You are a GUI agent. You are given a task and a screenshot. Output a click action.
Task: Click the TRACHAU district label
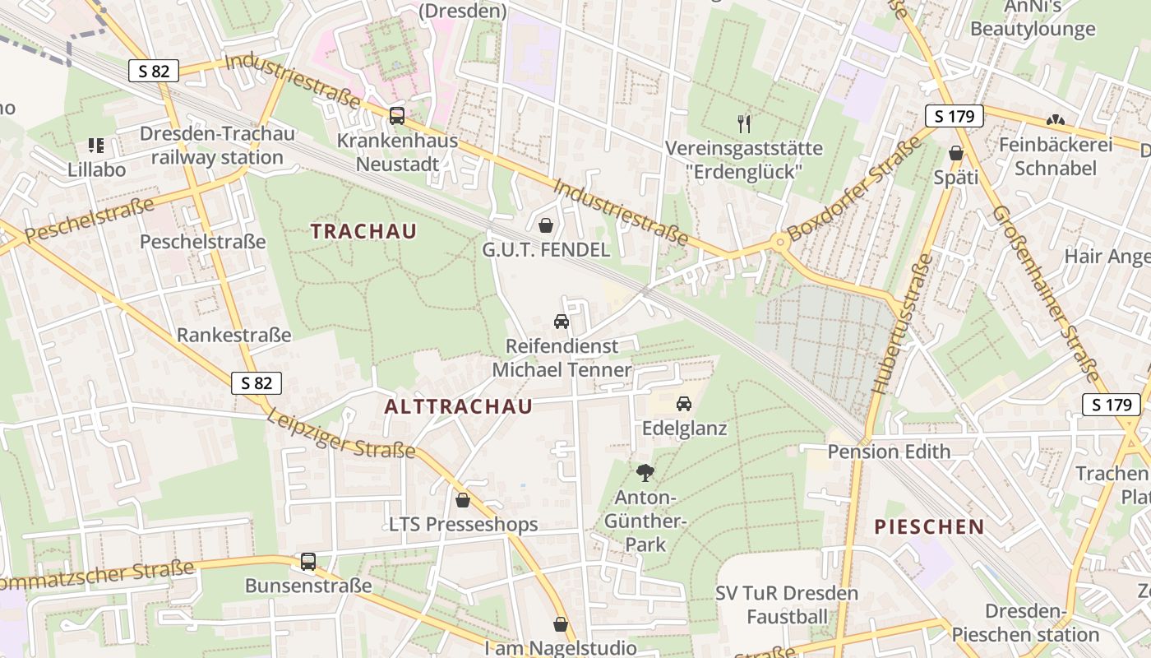[x=363, y=231]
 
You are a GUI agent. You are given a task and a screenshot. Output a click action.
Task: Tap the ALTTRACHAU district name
[x=458, y=406]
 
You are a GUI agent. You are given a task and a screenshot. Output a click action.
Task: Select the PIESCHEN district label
[x=929, y=527]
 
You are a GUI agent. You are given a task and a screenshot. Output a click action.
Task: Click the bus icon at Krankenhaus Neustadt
[x=397, y=116]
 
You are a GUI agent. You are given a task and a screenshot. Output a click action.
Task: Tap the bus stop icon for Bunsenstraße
[x=308, y=562]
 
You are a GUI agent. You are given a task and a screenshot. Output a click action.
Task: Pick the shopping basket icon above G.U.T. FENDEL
[x=545, y=225]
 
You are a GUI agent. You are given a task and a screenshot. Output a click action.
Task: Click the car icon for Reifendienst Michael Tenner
[x=562, y=322]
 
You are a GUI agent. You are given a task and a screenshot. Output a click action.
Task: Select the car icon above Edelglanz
[x=683, y=404]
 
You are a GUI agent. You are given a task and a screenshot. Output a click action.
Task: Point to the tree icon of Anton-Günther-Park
[x=645, y=473]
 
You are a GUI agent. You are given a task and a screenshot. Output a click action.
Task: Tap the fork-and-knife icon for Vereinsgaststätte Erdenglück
[x=744, y=124]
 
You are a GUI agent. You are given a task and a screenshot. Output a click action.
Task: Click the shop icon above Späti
[x=956, y=153]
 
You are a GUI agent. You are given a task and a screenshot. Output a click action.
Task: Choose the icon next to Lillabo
[x=95, y=146]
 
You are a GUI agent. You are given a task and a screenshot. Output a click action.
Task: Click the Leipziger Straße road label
[x=340, y=433]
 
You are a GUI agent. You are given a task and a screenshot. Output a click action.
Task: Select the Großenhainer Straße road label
[x=1046, y=294]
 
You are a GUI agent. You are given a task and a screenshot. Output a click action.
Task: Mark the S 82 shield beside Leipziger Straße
[x=257, y=382]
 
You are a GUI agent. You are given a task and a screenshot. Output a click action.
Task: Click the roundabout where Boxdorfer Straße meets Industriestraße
[x=778, y=243]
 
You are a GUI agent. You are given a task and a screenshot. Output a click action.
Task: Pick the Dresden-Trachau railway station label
[x=216, y=146]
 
